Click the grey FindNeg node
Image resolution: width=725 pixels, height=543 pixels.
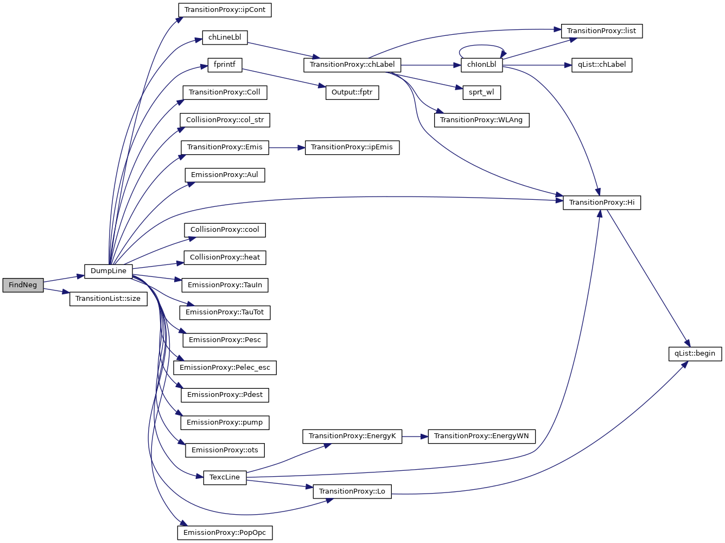(23, 285)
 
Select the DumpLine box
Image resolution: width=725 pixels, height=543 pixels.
(109, 271)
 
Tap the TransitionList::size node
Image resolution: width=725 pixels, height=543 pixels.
(108, 299)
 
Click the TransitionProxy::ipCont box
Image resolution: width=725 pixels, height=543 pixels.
(225, 10)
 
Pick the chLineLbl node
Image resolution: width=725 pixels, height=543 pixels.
(225, 37)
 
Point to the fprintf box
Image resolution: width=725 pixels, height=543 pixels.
(225, 65)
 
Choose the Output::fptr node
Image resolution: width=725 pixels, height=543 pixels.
(352, 92)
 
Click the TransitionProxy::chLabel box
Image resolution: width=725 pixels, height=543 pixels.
(352, 65)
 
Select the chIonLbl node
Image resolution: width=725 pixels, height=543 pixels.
(481, 65)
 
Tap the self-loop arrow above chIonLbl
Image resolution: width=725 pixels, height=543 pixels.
(482, 46)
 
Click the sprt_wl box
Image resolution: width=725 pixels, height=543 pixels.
(481, 92)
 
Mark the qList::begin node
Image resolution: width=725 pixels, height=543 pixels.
(695, 353)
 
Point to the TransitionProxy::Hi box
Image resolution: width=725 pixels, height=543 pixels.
(601, 203)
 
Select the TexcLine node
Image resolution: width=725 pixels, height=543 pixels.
(225, 477)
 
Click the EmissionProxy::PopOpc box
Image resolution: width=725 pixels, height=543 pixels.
(225, 533)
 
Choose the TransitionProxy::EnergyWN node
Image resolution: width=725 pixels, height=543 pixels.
(481, 436)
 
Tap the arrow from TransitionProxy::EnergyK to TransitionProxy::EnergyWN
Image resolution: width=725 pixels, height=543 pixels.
(415, 436)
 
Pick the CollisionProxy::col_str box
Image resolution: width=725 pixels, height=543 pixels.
(225, 120)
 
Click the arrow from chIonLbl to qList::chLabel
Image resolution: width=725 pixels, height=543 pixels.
(537, 65)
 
